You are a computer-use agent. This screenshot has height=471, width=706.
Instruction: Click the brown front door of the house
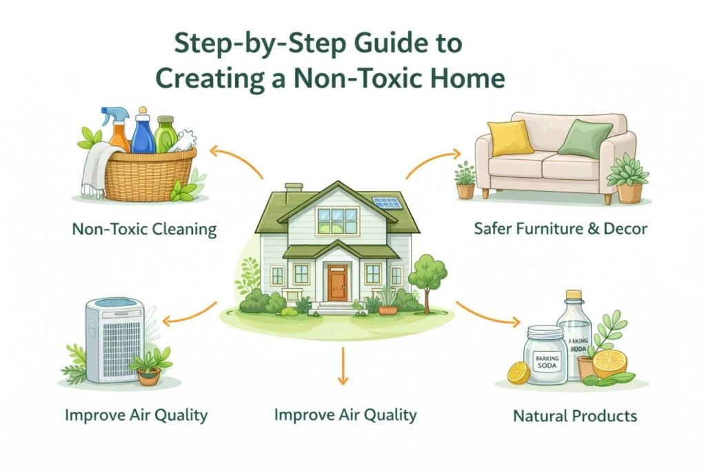point(337,283)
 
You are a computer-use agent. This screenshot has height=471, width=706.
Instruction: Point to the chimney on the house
point(293,191)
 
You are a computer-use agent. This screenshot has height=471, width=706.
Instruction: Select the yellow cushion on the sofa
point(510,137)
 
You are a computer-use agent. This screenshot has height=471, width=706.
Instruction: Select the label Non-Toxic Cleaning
point(144,229)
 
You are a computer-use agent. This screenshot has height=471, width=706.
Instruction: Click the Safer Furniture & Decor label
point(561,228)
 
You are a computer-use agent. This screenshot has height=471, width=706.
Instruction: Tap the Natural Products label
point(575,416)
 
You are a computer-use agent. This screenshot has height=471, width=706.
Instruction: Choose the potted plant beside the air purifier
point(150,365)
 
